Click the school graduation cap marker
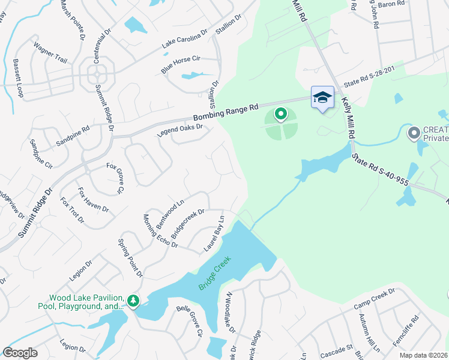pyautogui.click(x=322, y=97)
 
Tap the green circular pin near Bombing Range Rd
pyautogui.click(x=280, y=113)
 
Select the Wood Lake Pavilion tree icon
pyautogui.click(x=133, y=300)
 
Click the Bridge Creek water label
pyautogui.click(x=215, y=274)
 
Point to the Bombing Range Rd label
pyautogui.click(x=225, y=112)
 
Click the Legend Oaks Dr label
pyautogui.click(x=181, y=130)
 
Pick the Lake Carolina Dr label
pyautogui.click(x=184, y=38)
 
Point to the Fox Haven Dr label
pyautogui.click(x=93, y=200)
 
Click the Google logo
pyautogui.click(x=20, y=353)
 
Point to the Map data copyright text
pyautogui.click(x=423, y=355)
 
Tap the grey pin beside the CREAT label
pyautogui.click(x=414, y=133)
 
